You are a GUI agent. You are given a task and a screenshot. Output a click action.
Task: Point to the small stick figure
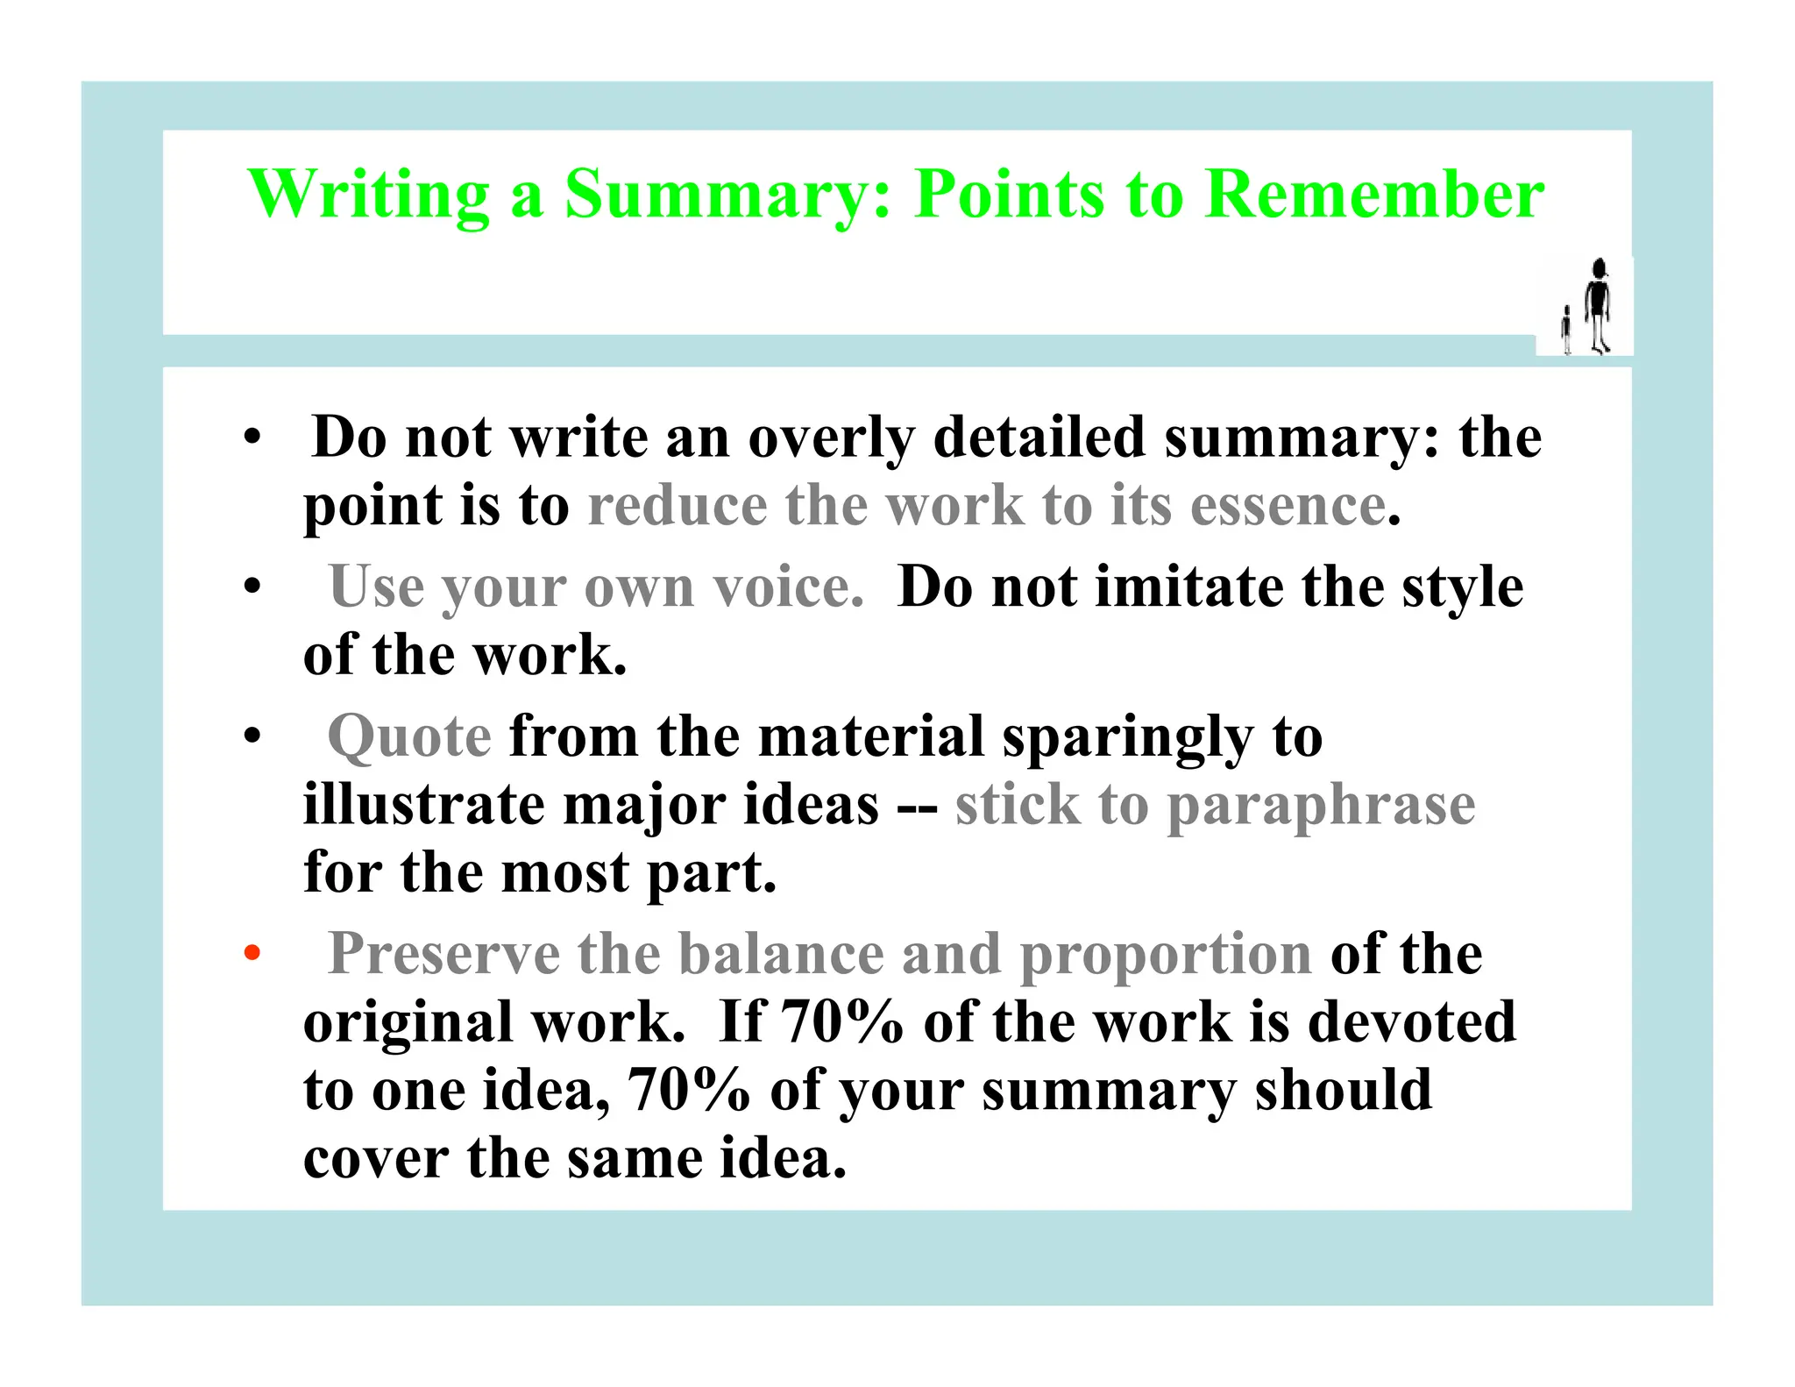click(1566, 330)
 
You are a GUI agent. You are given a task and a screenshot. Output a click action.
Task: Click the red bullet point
click(252, 953)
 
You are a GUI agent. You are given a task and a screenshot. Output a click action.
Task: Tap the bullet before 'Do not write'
click(252, 437)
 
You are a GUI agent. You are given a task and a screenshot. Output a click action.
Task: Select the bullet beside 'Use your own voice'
click(252, 586)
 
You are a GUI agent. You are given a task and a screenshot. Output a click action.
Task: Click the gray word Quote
click(409, 736)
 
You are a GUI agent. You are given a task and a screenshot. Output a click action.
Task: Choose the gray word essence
click(1288, 506)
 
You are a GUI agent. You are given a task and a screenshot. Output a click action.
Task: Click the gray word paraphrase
click(1321, 805)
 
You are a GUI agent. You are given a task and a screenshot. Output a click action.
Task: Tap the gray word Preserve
click(443, 953)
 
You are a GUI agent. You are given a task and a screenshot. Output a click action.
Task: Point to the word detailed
click(1039, 437)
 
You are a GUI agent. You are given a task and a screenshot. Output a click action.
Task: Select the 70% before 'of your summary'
click(689, 1090)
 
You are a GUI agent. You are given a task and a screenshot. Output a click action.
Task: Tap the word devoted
click(1411, 1021)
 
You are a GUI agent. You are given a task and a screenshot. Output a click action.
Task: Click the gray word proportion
click(1166, 954)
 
